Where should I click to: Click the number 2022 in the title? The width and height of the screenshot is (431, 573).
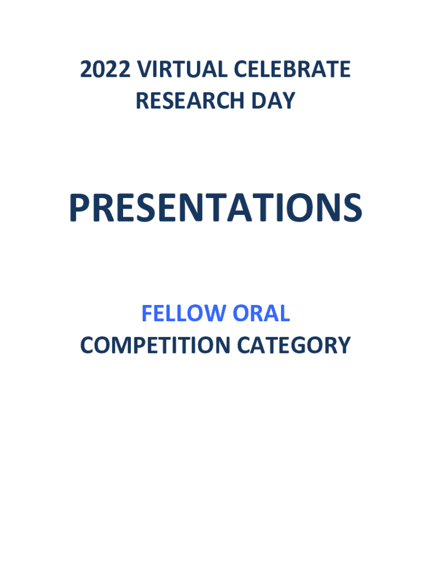105,69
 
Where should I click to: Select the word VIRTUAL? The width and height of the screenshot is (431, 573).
182,69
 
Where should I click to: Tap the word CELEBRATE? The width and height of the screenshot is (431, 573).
292,69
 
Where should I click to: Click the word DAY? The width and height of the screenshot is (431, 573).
273,101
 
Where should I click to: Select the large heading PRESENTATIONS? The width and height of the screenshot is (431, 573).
215,208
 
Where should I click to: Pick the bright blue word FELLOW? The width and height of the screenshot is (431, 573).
184,313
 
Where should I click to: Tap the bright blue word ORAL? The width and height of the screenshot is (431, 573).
261,313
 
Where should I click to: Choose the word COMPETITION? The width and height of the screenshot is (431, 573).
155,345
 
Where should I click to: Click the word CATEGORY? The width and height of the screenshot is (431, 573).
294,345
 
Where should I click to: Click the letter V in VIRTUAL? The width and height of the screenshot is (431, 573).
144,69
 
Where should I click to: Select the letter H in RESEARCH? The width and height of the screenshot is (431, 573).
237,101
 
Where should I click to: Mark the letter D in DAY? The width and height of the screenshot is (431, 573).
259,101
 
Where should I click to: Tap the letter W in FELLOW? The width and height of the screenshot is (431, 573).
215,313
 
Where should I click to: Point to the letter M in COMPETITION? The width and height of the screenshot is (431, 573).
121,345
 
